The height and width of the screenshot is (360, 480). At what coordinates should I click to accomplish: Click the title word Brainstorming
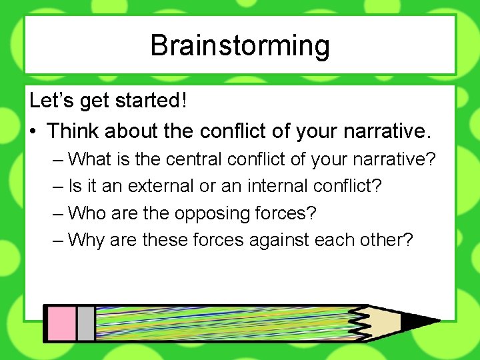[x=240, y=45]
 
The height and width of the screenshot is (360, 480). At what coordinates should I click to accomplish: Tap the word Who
[x=87, y=213]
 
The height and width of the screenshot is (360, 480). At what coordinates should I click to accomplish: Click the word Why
[x=87, y=239]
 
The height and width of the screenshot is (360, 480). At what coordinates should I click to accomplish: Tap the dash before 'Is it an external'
[x=59, y=186]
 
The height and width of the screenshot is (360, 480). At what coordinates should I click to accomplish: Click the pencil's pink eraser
[x=60, y=323]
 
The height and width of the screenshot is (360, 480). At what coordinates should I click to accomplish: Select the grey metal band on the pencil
[x=85, y=323]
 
